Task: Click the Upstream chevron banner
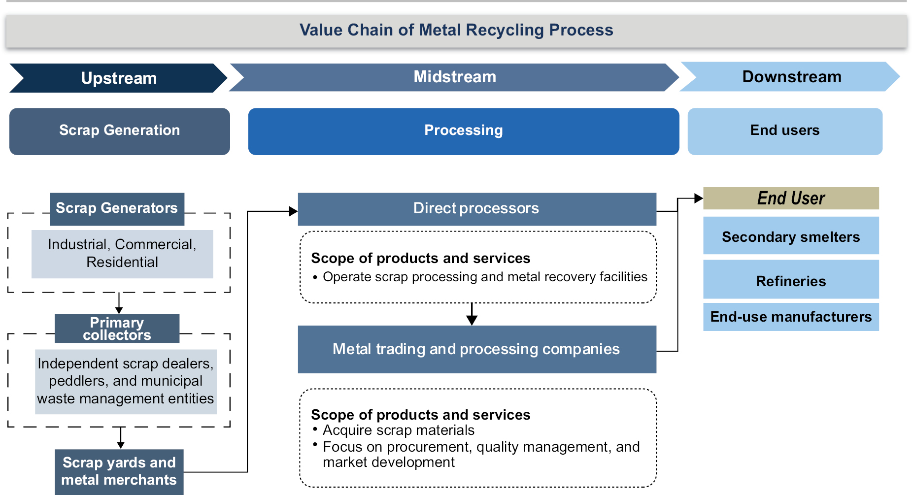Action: click(118, 78)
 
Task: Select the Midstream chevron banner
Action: click(454, 77)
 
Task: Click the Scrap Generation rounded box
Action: click(119, 131)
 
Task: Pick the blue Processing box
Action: click(463, 131)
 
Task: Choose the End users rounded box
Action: click(784, 131)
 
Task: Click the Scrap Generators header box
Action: click(117, 209)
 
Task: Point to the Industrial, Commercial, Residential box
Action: click(122, 254)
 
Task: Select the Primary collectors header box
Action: click(117, 329)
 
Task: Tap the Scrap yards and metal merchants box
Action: click(119, 471)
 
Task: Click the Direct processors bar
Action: click(476, 209)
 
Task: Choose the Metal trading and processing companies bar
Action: click(476, 349)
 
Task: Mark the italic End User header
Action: click(790, 198)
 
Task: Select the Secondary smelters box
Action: click(790, 236)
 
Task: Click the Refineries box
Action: click(790, 281)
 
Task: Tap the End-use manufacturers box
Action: click(790, 317)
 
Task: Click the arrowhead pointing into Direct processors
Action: click(294, 211)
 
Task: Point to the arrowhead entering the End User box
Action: click(699, 198)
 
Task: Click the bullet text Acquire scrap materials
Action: click(398, 430)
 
